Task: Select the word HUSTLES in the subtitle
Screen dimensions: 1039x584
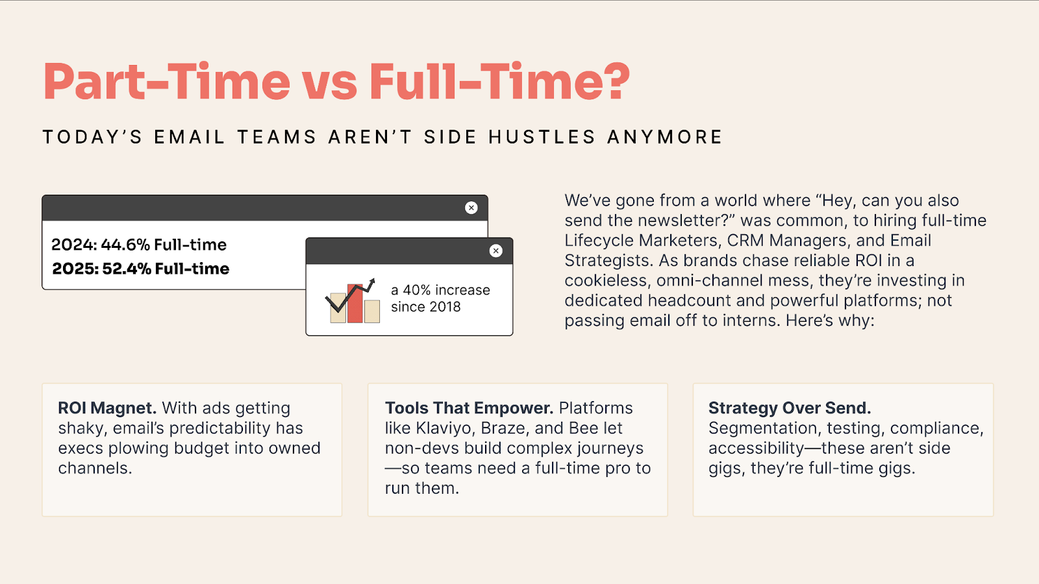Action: (542, 137)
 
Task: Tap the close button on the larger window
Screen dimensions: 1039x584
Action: (471, 208)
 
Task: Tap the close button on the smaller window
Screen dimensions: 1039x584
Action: (496, 250)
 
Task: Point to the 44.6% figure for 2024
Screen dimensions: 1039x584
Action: (125, 245)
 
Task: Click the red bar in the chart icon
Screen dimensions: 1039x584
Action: (355, 304)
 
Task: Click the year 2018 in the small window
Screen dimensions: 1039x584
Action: (445, 307)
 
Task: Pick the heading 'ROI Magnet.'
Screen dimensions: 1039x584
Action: (107, 408)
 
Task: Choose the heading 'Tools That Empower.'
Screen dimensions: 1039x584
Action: (469, 408)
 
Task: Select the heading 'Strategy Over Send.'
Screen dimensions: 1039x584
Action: (790, 408)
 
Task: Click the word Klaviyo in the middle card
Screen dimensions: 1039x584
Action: (445, 428)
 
